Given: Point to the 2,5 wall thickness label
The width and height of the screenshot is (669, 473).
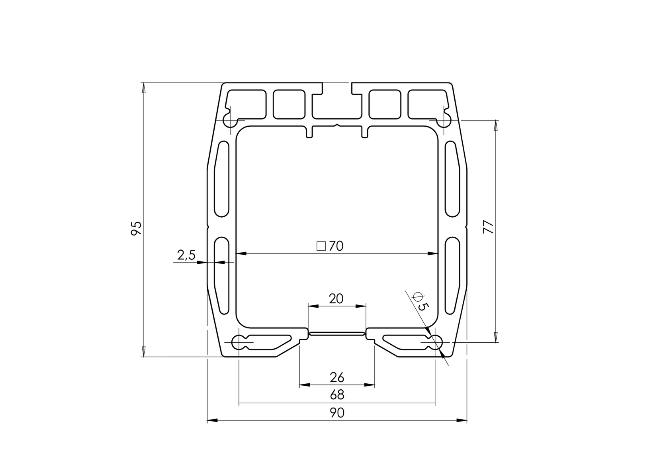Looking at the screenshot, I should [x=186, y=255].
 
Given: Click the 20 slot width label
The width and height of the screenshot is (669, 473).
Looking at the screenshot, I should [x=336, y=298].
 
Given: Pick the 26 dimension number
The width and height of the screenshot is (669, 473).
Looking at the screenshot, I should [x=337, y=377].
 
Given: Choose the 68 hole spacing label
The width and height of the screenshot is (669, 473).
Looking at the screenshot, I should [x=337, y=395].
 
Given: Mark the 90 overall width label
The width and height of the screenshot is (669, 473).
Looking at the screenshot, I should [x=337, y=413].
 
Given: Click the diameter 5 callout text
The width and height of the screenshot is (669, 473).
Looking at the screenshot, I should [x=421, y=301].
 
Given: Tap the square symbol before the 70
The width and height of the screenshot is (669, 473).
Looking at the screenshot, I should [x=321, y=246].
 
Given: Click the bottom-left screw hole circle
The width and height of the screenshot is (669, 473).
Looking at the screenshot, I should [x=239, y=342].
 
